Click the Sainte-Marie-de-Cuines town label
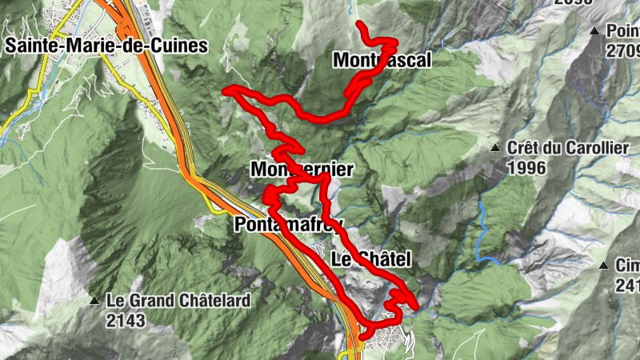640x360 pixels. [x=106, y=46]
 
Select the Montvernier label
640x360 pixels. [x=302, y=170]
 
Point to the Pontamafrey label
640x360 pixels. [x=289, y=225]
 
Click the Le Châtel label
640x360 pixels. [x=370, y=258]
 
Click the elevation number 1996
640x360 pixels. [x=526, y=167]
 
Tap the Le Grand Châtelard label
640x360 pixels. [x=178, y=302]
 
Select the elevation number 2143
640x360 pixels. [x=126, y=321]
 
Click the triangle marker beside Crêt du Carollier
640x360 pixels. [x=495, y=148]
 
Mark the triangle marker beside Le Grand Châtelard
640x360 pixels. [x=94, y=302]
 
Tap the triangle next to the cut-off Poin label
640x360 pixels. [x=594, y=31]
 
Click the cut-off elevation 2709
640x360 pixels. [x=622, y=51]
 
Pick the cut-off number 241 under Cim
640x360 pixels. [x=627, y=286]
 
